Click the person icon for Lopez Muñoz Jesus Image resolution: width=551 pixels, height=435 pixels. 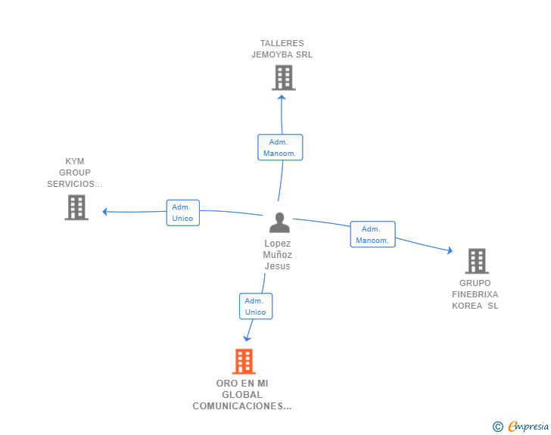pyautogui.click(x=279, y=222)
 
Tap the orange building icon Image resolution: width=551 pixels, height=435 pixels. pyautogui.click(x=244, y=362)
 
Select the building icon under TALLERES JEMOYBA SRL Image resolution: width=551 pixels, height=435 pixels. pyautogui.click(x=283, y=77)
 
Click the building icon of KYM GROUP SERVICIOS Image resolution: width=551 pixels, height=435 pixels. pyautogui.click(x=76, y=207)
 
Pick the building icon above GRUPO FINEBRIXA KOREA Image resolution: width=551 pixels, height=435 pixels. pyautogui.click(x=476, y=261)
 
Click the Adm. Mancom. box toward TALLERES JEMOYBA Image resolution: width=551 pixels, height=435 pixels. pyautogui.click(x=280, y=148)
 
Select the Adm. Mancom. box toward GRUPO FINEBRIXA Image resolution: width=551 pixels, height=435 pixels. pyautogui.click(x=372, y=235)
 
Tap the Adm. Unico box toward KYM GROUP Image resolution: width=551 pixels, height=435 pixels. pyautogui.click(x=182, y=213)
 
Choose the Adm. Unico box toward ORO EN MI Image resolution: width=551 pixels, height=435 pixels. pyautogui.click(x=256, y=306)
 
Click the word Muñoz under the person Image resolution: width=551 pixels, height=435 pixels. pyautogui.click(x=277, y=255)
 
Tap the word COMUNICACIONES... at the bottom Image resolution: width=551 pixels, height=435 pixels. pyautogui.click(x=242, y=406)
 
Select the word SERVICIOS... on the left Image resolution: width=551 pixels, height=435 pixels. pyautogui.click(x=74, y=184)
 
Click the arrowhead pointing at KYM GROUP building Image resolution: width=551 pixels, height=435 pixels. pyautogui.click(x=104, y=212)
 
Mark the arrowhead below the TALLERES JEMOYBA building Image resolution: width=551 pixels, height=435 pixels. pyautogui.click(x=282, y=95)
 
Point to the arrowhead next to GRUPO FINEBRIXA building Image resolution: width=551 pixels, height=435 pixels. pyautogui.click(x=450, y=250)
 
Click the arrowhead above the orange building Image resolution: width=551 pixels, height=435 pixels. pyautogui.click(x=246, y=340)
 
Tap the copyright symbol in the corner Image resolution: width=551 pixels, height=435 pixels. pyautogui.click(x=497, y=427)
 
